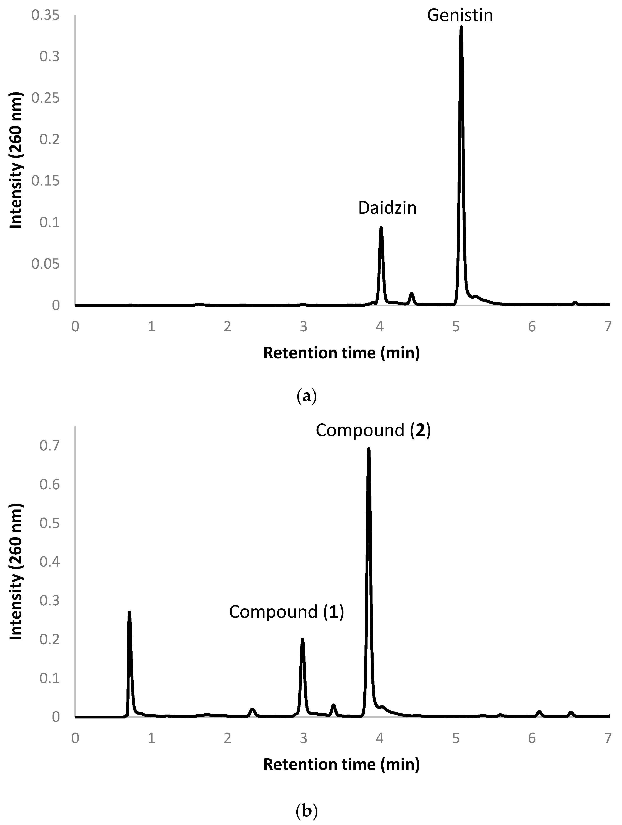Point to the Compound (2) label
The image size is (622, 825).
373,431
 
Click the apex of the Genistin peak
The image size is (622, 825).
461,27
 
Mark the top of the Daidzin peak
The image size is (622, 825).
381,227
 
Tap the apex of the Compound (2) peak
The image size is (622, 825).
368,449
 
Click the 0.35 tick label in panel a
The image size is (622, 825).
46,16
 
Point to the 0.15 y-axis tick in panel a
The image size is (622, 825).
46,181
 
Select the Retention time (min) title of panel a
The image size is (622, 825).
341,353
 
